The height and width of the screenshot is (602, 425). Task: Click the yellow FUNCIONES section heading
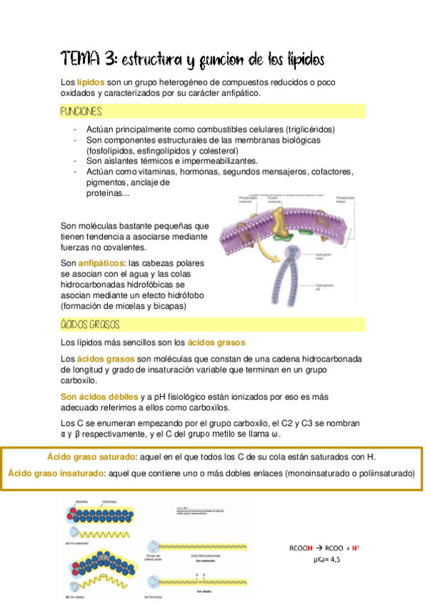81,112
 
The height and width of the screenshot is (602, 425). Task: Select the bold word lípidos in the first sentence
91,82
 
